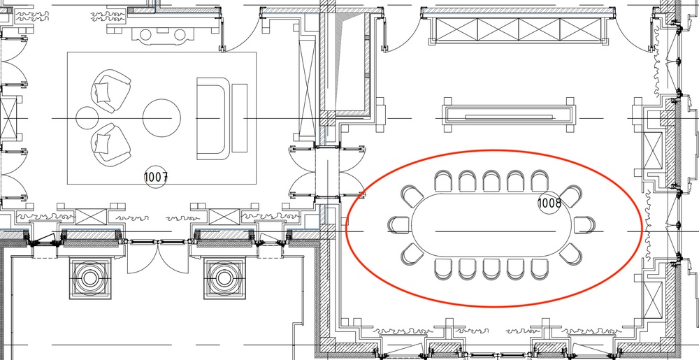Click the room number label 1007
156,178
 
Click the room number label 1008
549,203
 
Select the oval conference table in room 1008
491,225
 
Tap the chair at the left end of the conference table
399,225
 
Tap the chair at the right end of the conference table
584,225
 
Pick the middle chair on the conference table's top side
491,181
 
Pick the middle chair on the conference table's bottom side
491,270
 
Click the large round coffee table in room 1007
162,118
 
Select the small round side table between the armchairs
87,117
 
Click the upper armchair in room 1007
110,92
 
